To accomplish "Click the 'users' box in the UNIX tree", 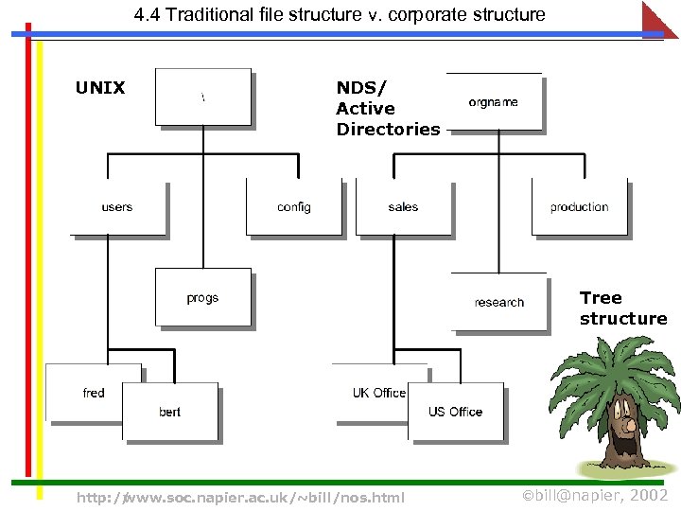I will click(118, 207).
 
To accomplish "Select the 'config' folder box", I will click(293, 207).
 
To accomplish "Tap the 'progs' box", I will click(203, 297).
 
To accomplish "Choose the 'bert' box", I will click(170, 412).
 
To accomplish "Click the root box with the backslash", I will click(203, 97).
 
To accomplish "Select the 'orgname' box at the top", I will click(494, 102).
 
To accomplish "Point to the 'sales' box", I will click(403, 207).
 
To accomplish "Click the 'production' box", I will click(579, 207).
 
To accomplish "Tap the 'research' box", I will click(498, 302).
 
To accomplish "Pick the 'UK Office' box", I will click(378, 392).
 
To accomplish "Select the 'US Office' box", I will click(455, 412).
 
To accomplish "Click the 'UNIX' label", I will click(100, 88).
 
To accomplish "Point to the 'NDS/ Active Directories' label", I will click(387, 109).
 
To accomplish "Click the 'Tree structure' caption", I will click(622, 308).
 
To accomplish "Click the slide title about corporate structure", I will click(340, 14).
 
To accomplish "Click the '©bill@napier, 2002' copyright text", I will click(596, 496).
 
